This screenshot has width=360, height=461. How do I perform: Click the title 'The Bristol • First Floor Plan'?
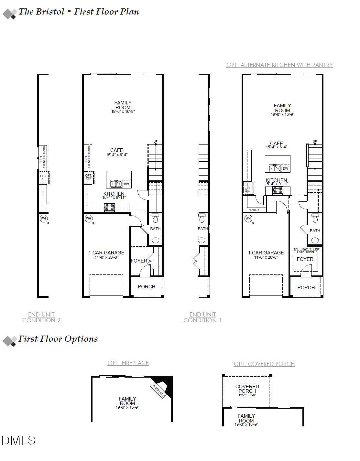pyautogui.click(x=79, y=12)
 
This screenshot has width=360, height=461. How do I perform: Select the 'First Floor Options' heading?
pyautogui.click(x=58, y=339)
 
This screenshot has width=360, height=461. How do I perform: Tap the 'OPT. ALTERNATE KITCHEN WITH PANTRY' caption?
pyautogui.click(x=279, y=65)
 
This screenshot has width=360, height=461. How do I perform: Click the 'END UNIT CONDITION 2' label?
pyautogui.click(x=41, y=317)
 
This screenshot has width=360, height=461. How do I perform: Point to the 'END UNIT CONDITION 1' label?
pyautogui.click(x=202, y=317)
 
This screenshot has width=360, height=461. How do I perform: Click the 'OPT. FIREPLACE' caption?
pyautogui.click(x=128, y=363)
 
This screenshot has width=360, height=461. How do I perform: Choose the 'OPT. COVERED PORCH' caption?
pyautogui.click(x=264, y=364)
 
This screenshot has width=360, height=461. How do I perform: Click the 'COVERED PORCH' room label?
pyautogui.click(x=247, y=389)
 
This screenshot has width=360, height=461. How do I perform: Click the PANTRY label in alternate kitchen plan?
pyautogui.click(x=253, y=210)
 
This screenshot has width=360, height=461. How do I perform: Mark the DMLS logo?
pyautogui.click(x=18, y=440)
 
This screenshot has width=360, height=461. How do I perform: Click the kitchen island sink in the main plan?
pyautogui.click(x=116, y=184)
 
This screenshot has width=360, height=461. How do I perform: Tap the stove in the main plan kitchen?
pyautogui.click(x=109, y=208)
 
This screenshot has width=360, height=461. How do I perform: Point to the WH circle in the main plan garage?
pyautogui.click(x=89, y=219)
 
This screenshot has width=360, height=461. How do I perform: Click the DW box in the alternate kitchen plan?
pyautogui.click(x=285, y=168)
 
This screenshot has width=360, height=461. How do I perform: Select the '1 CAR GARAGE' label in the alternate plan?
pyautogui.click(x=266, y=252)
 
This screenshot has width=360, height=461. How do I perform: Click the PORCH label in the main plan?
pyautogui.click(x=147, y=286)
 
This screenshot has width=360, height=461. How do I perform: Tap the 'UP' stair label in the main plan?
pyautogui.click(x=156, y=141)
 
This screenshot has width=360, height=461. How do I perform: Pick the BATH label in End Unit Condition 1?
pyautogui.click(x=203, y=229)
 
